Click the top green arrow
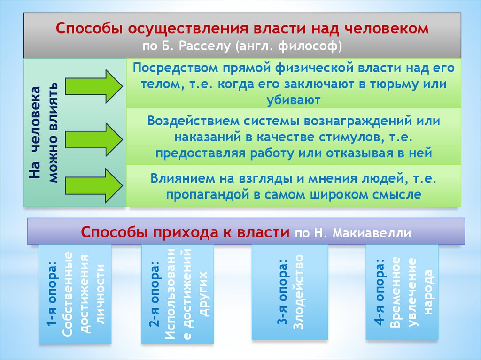click(x=93, y=86)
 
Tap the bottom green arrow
click(x=93, y=185)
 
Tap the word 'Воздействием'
click(x=193, y=121)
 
